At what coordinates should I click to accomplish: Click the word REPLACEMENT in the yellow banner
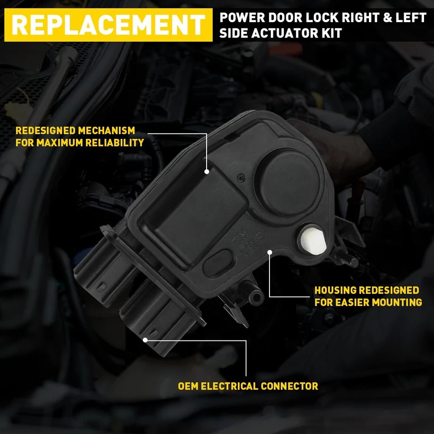click(x=108, y=25)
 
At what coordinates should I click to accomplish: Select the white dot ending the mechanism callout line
click(x=207, y=172)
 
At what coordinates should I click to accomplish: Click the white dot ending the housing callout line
click(x=269, y=252)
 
